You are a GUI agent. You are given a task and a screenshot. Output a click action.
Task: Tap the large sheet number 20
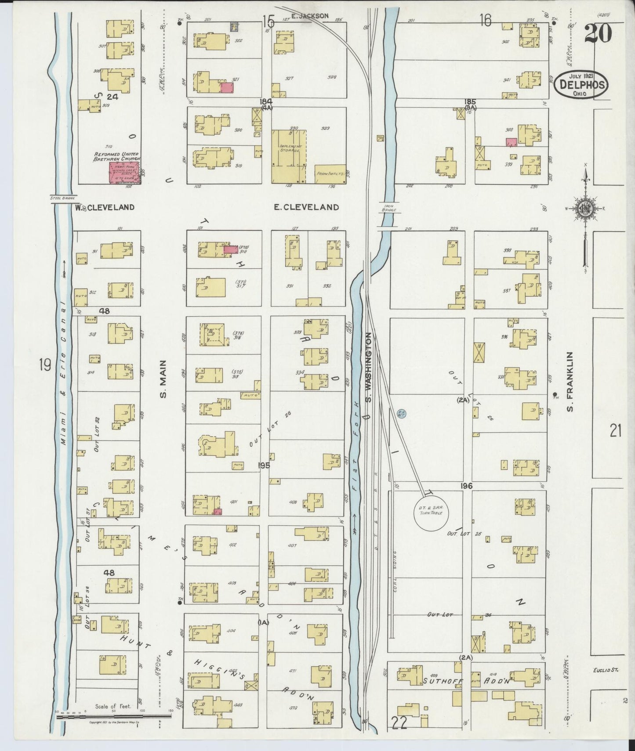(598, 33)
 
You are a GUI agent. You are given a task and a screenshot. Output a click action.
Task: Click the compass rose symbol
(585, 208)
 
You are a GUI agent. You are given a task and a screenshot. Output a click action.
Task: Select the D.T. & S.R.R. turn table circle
(431, 513)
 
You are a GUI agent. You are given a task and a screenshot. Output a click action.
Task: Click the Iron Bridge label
(389, 208)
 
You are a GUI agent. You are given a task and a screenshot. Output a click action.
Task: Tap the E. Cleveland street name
(306, 207)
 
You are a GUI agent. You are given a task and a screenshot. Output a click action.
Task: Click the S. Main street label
(163, 379)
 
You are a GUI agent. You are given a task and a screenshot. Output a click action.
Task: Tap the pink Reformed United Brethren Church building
(124, 172)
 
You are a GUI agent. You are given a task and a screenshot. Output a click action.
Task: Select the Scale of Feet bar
(114, 717)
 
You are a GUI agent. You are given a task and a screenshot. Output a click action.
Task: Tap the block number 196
(467, 486)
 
